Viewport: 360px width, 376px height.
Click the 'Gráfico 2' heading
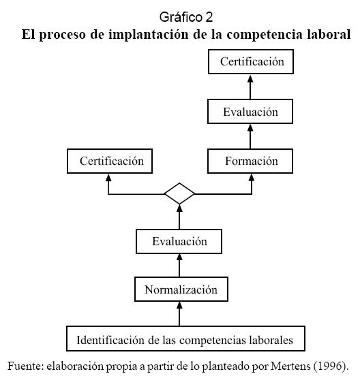click(186, 17)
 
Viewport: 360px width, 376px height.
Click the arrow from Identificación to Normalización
click(179, 313)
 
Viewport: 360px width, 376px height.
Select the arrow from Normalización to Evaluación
click(179, 266)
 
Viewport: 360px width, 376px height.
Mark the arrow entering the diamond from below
click(179, 217)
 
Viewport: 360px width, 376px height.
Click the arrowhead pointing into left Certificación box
click(108, 177)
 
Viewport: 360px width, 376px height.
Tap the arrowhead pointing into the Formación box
click(252, 177)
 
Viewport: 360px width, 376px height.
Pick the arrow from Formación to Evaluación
click(250, 136)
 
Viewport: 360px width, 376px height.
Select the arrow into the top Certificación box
click(250, 87)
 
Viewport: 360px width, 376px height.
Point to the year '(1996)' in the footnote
click(330, 366)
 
